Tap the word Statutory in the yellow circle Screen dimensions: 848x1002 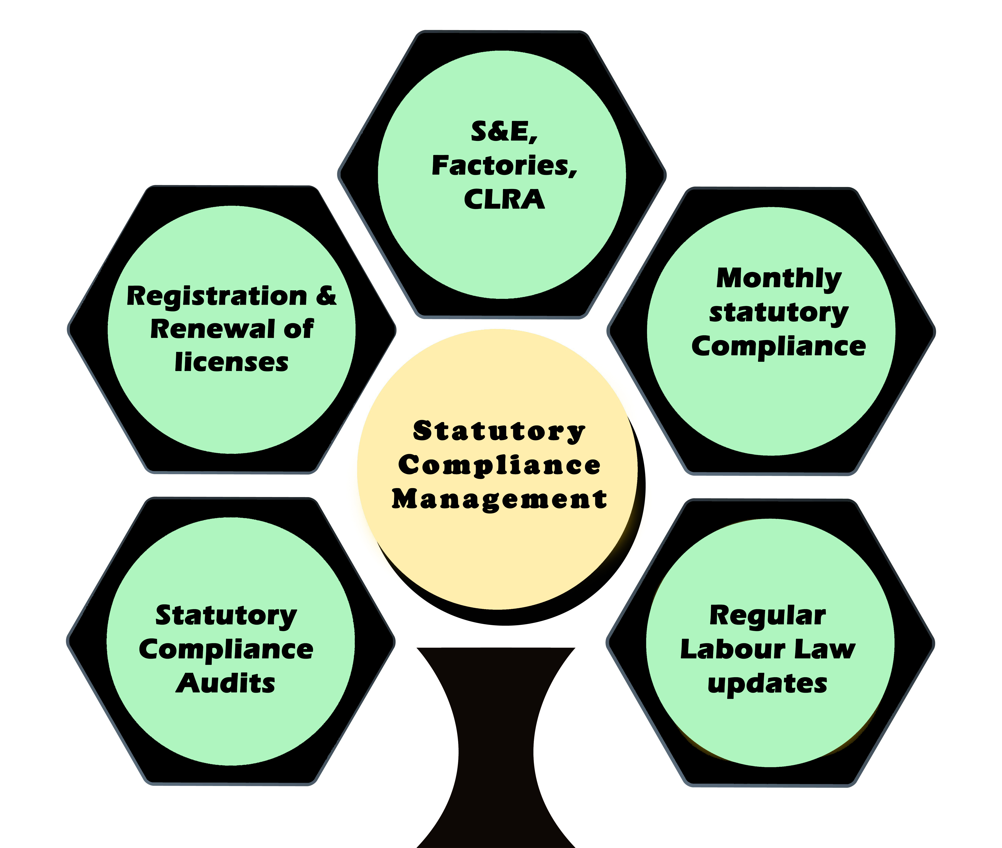point(499,431)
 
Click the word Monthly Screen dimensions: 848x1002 point(779,278)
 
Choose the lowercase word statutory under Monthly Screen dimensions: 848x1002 point(779,313)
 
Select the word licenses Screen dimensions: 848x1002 point(232,362)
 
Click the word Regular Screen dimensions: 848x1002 point(767,616)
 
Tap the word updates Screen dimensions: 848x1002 point(767,684)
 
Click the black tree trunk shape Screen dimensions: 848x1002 point(496,750)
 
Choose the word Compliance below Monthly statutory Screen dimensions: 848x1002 point(779,346)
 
